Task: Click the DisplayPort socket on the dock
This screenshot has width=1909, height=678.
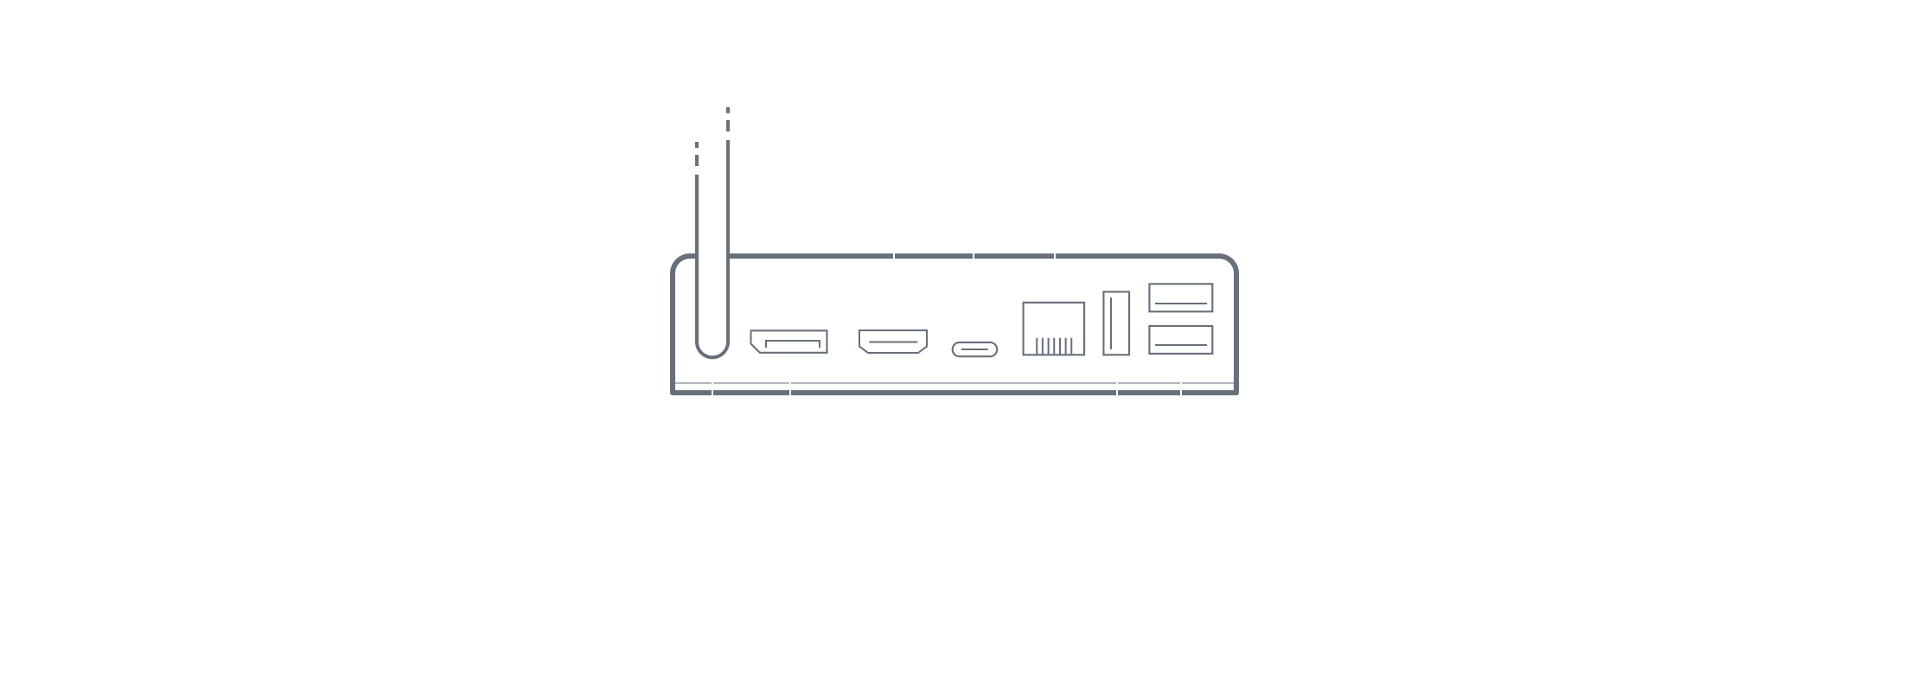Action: coord(788,342)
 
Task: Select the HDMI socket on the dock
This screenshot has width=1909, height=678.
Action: coord(893,342)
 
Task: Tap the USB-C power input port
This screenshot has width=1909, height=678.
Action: coord(974,349)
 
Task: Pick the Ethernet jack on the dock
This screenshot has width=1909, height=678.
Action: coord(1054,329)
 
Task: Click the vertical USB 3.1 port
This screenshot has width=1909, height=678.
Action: coord(1116,323)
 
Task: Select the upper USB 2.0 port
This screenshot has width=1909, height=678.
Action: coord(1180,298)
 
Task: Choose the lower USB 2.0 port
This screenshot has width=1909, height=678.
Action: coord(1180,339)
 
